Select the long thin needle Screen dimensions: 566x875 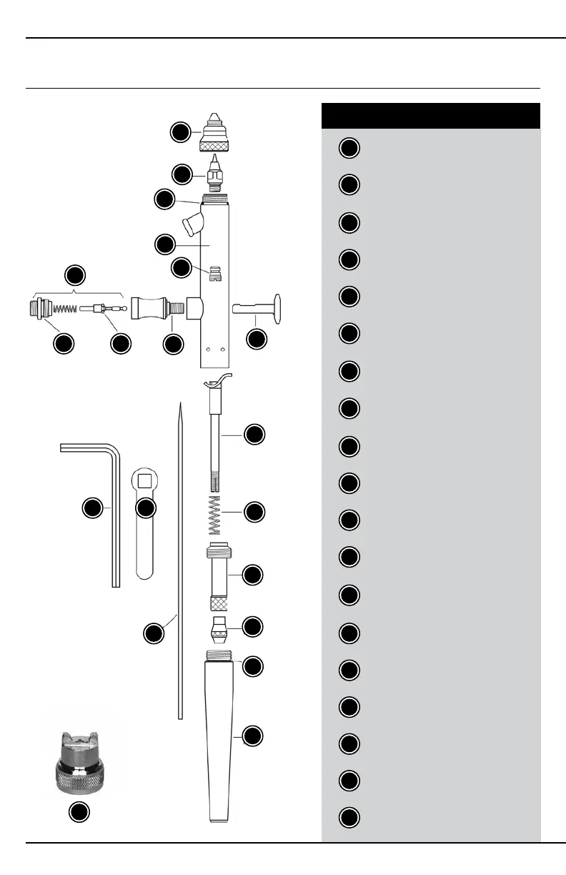click(179, 558)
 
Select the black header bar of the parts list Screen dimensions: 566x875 click(431, 115)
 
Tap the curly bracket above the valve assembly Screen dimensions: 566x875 click(78, 294)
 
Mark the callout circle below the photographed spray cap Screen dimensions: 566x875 click(79, 812)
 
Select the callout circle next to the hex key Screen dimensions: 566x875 click(91, 508)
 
